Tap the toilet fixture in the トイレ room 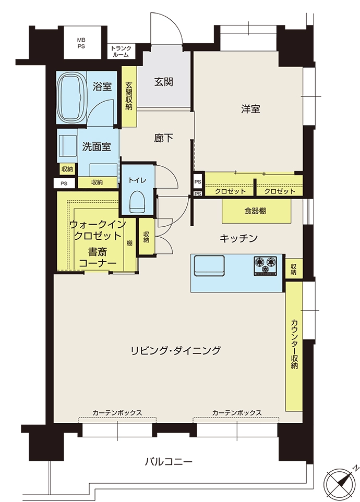[138, 202]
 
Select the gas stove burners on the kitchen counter [266, 266]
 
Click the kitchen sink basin [209, 265]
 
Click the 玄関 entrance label [163, 82]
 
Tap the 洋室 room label [250, 109]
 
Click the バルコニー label [169, 462]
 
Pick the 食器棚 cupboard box [257, 211]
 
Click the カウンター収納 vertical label [294, 344]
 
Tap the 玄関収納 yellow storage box [129, 96]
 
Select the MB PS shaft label [81, 43]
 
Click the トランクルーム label [121, 52]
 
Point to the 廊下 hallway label [163, 138]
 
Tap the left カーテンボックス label [117, 412]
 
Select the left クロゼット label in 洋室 [230, 191]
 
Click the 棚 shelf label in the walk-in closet [129, 243]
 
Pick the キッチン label [238, 238]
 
